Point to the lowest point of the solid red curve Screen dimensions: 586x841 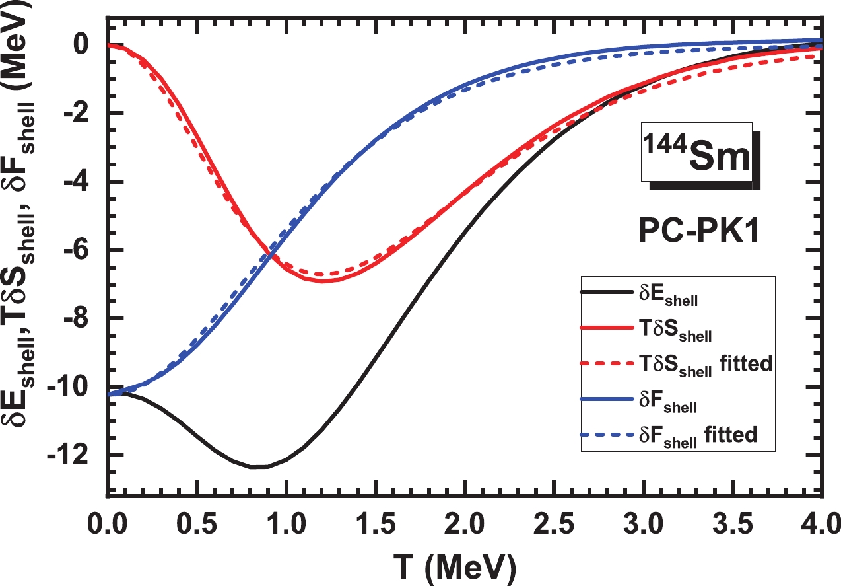(x=322, y=281)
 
